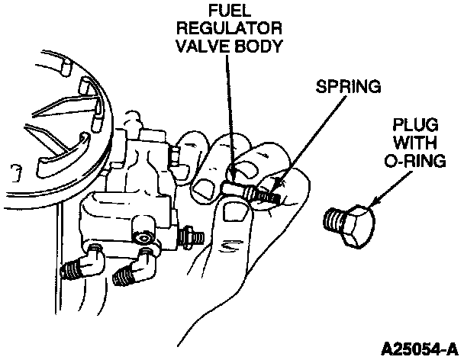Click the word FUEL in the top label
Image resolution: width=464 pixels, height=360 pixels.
tap(230, 11)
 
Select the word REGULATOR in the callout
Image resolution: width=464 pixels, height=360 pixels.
tap(230, 29)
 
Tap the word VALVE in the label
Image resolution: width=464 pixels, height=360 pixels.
tap(201, 46)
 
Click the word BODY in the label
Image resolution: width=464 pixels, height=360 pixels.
tap(256, 46)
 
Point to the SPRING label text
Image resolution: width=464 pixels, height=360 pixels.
tap(348, 86)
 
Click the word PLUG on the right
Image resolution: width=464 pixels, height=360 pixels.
tap(415, 124)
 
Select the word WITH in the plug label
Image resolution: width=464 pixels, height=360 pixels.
tap(415, 143)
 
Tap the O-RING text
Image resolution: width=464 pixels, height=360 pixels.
tap(415, 161)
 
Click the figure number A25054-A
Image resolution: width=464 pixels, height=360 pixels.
tap(419, 349)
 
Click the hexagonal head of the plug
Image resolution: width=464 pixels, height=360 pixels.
tap(359, 225)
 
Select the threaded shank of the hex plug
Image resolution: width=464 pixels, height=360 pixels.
tap(333, 220)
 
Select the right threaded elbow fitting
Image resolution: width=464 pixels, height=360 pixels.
tap(134, 268)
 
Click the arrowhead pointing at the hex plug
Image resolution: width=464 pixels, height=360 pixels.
tap(375, 202)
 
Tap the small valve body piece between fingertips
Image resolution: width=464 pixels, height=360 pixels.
tap(232, 188)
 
